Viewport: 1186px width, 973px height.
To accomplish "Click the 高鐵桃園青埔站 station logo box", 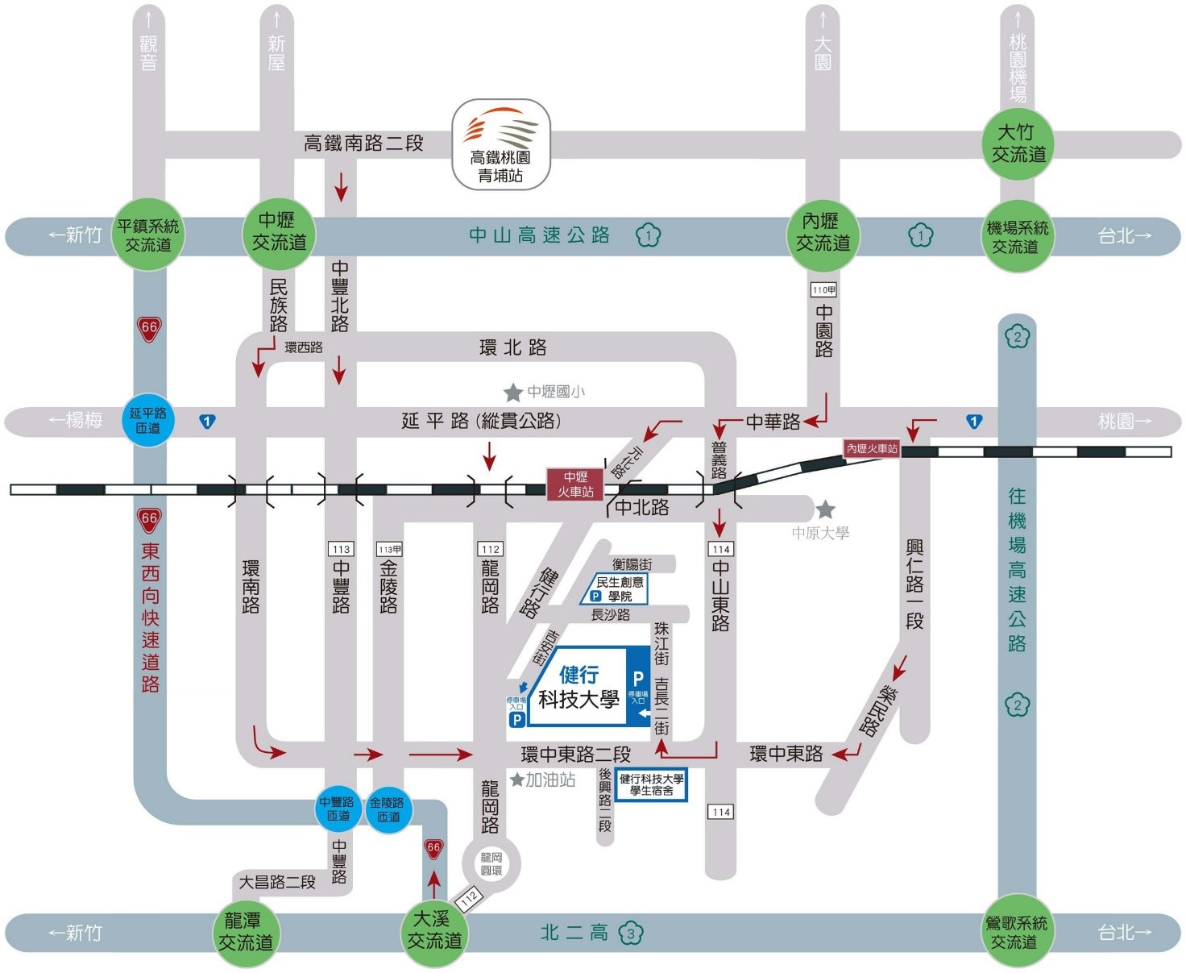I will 500,144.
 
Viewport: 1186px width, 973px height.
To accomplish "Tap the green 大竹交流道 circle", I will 1018,143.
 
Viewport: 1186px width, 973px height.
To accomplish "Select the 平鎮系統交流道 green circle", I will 148,235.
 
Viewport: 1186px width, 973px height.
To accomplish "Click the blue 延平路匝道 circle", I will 147,420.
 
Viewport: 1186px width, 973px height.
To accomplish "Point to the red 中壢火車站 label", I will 575,484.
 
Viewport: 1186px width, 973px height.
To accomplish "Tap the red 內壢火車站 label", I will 872,448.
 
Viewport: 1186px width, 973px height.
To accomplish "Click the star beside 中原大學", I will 825,509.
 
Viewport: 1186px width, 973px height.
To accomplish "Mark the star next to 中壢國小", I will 513,393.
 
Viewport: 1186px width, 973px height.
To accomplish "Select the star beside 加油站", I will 517,780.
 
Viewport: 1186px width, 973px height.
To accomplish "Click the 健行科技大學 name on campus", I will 578,687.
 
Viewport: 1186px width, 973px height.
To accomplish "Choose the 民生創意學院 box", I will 616,589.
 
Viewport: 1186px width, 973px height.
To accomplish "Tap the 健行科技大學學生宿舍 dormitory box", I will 651,784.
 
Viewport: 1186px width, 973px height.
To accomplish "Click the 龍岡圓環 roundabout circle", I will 491,863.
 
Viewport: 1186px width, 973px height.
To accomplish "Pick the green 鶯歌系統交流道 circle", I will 1018,932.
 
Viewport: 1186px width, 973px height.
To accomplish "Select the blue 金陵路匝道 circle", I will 388,809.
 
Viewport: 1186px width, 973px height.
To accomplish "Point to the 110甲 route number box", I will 823,290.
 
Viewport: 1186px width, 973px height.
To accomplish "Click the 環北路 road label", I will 512,347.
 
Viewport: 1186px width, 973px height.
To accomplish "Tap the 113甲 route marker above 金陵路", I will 389,549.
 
